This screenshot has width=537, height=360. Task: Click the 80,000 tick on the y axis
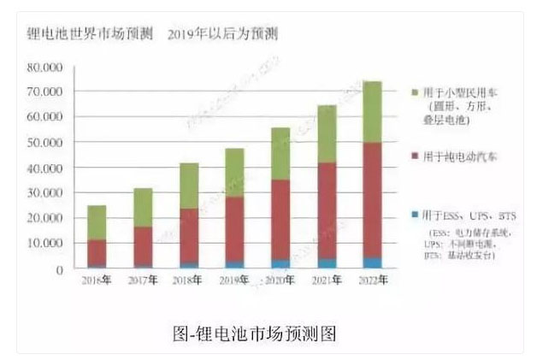point(46,67)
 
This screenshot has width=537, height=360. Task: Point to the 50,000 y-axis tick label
point(46,142)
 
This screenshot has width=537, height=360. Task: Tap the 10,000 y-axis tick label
point(46,244)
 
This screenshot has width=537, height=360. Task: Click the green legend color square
point(414,91)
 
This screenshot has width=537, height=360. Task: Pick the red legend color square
point(414,156)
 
